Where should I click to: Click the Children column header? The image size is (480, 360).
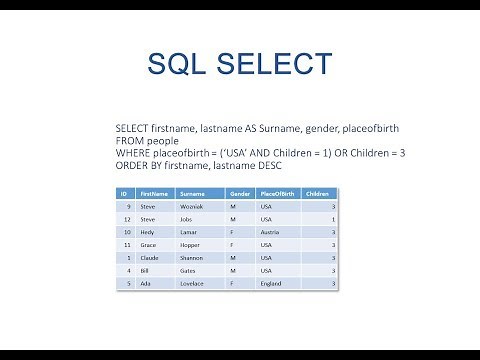click(317, 192)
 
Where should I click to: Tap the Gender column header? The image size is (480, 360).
click(239, 192)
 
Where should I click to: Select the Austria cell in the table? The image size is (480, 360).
click(270, 232)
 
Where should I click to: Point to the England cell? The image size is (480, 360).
click(271, 285)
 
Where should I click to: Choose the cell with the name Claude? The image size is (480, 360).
click(150, 258)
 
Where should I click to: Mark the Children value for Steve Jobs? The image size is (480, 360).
click(333, 218)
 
